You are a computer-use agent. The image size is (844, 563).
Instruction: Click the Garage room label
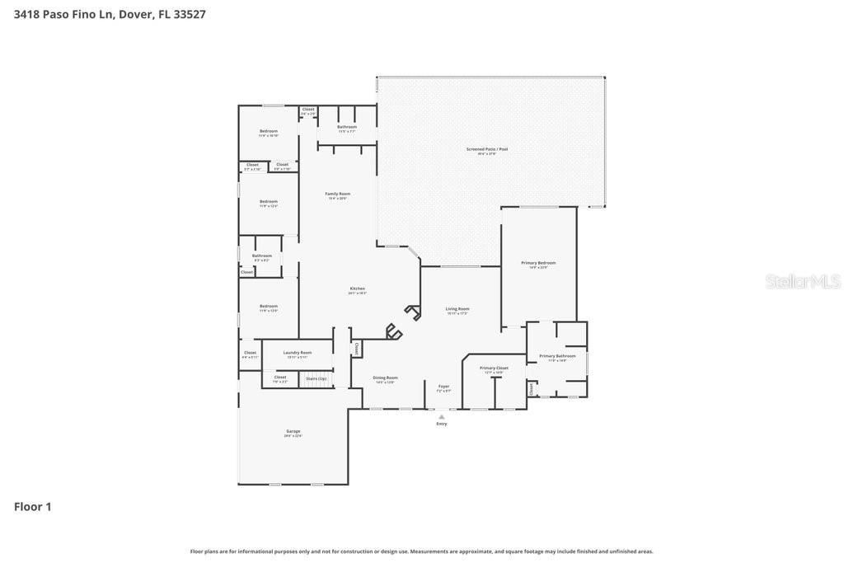tap(293, 432)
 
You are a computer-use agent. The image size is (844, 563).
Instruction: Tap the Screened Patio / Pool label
tap(487, 150)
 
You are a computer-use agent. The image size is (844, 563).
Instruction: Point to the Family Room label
tap(338, 195)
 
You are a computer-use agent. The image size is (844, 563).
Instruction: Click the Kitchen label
tap(357, 289)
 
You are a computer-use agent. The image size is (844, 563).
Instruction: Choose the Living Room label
tap(457, 310)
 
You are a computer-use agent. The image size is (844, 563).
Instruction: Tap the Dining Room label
tap(386, 378)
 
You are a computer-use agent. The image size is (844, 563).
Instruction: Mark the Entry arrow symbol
tap(442, 417)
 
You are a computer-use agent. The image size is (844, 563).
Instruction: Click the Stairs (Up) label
tap(316, 378)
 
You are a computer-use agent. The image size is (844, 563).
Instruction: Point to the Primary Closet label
tap(494, 368)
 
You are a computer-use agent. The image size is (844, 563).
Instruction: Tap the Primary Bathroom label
tap(558, 357)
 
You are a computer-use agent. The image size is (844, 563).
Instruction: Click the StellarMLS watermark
tap(802, 281)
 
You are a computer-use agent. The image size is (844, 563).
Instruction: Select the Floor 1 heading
tap(33, 506)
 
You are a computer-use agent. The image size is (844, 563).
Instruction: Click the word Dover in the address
tap(136, 14)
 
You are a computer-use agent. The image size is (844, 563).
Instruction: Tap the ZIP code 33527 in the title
tap(190, 14)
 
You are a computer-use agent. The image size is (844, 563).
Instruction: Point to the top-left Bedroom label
tap(269, 132)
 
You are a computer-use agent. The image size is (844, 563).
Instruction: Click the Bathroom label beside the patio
tap(347, 128)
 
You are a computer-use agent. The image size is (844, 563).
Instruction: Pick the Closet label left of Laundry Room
tap(251, 354)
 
